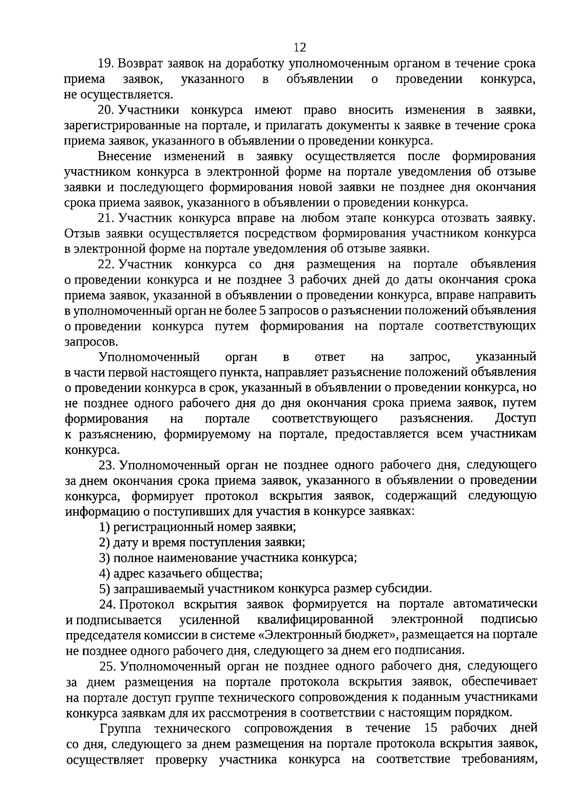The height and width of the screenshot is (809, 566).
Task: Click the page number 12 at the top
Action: click(300, 47)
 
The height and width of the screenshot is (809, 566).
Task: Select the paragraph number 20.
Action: click(106, 110)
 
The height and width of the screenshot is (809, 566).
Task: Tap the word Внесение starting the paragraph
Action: click(125, 157)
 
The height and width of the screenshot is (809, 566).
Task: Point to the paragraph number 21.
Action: click(106, 218)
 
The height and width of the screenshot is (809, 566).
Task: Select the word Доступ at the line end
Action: click(516, 418)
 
